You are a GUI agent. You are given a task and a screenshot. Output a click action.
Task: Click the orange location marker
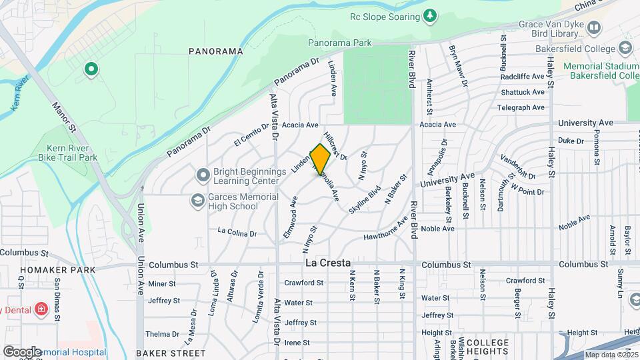pyautogui.click(x=321, y=159)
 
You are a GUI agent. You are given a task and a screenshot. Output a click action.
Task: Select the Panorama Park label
pyautogui.click(x=339, y=43)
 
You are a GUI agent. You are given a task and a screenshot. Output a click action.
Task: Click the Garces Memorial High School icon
pyautogui.click(x=197, y=200)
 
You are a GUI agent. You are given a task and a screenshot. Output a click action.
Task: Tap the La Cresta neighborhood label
pyautogui.click(x=328, y=263)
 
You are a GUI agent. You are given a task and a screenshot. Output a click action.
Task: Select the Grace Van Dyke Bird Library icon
pyautogui.click(x=593, y=27)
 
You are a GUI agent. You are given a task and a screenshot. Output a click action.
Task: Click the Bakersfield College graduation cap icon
pyautogui.click(x=625, y=47)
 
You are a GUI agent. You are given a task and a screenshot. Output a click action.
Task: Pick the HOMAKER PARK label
pyautogui.click(x=57, y=270)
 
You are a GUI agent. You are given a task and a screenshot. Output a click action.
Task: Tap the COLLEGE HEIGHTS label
pyautogui.click(x=488, y=347)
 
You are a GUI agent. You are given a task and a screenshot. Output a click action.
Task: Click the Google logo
pyautogui.click(x=21, y=351)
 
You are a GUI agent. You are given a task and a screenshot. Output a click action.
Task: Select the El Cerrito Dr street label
pyautogui.click(x=251, y=134)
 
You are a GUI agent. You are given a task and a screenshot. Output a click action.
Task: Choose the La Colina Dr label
pyautogui.click(x=237, y=233)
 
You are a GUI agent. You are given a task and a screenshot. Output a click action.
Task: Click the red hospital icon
pyautogui.click(x=41, y=309)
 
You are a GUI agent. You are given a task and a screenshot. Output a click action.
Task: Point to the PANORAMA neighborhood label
pyautogui.click(x=215, y=51)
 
